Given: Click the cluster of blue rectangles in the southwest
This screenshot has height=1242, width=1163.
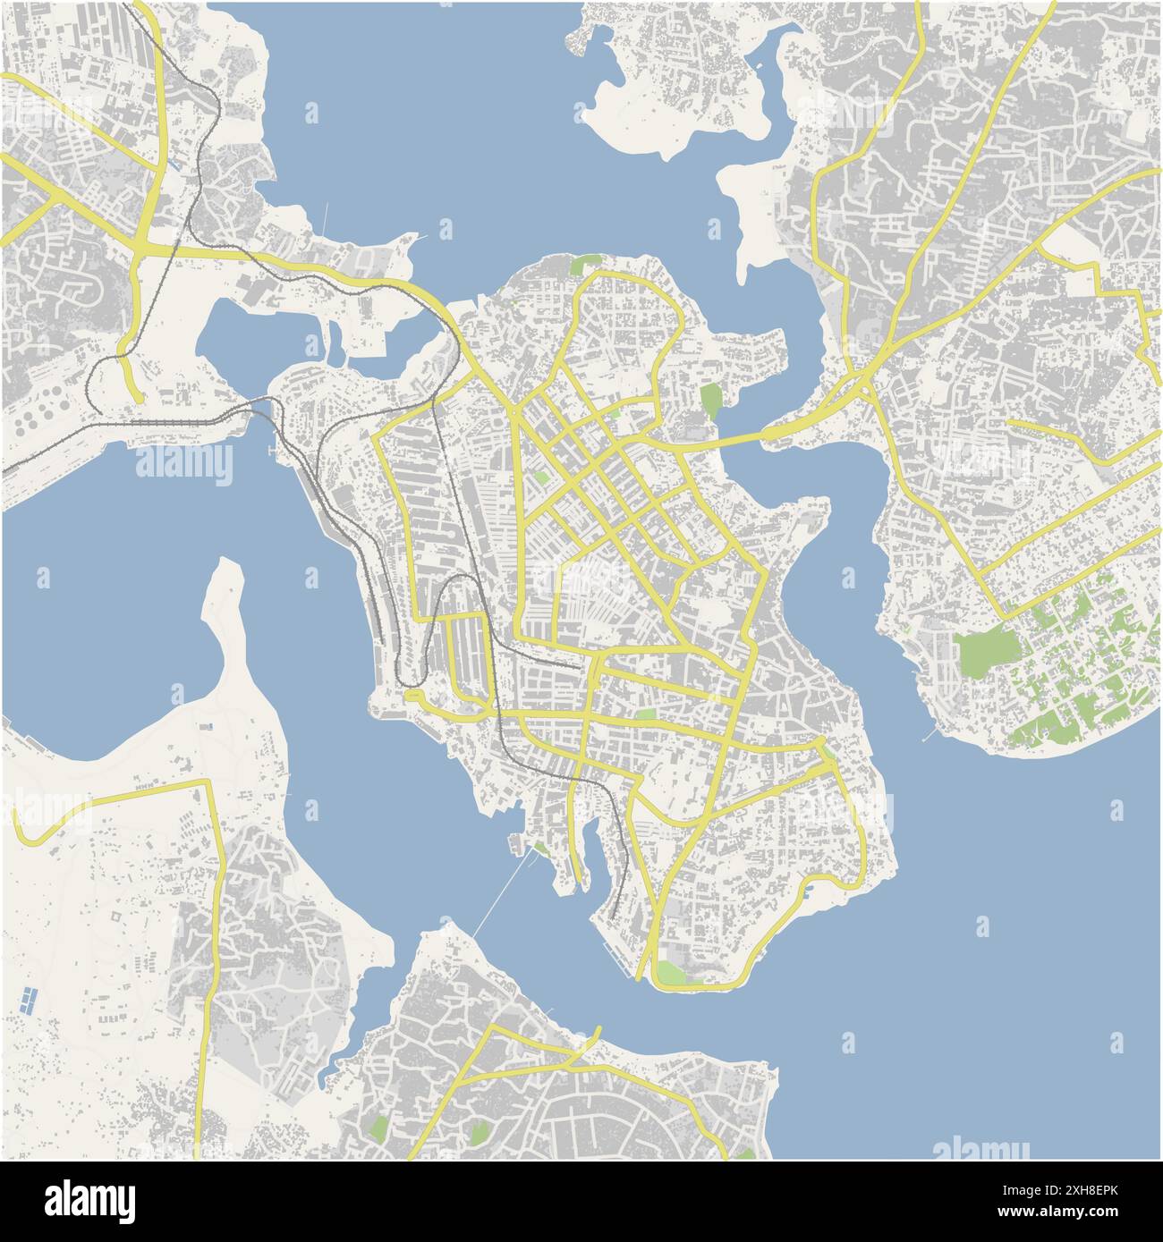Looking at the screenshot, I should [28, 1000].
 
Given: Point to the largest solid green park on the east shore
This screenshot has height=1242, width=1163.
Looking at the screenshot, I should [987, 652].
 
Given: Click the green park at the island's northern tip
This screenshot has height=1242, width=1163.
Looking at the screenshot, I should [585, 265].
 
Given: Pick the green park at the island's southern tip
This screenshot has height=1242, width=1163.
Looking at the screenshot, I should [674, 973].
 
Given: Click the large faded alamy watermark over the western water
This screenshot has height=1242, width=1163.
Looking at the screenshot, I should [184, 464].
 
